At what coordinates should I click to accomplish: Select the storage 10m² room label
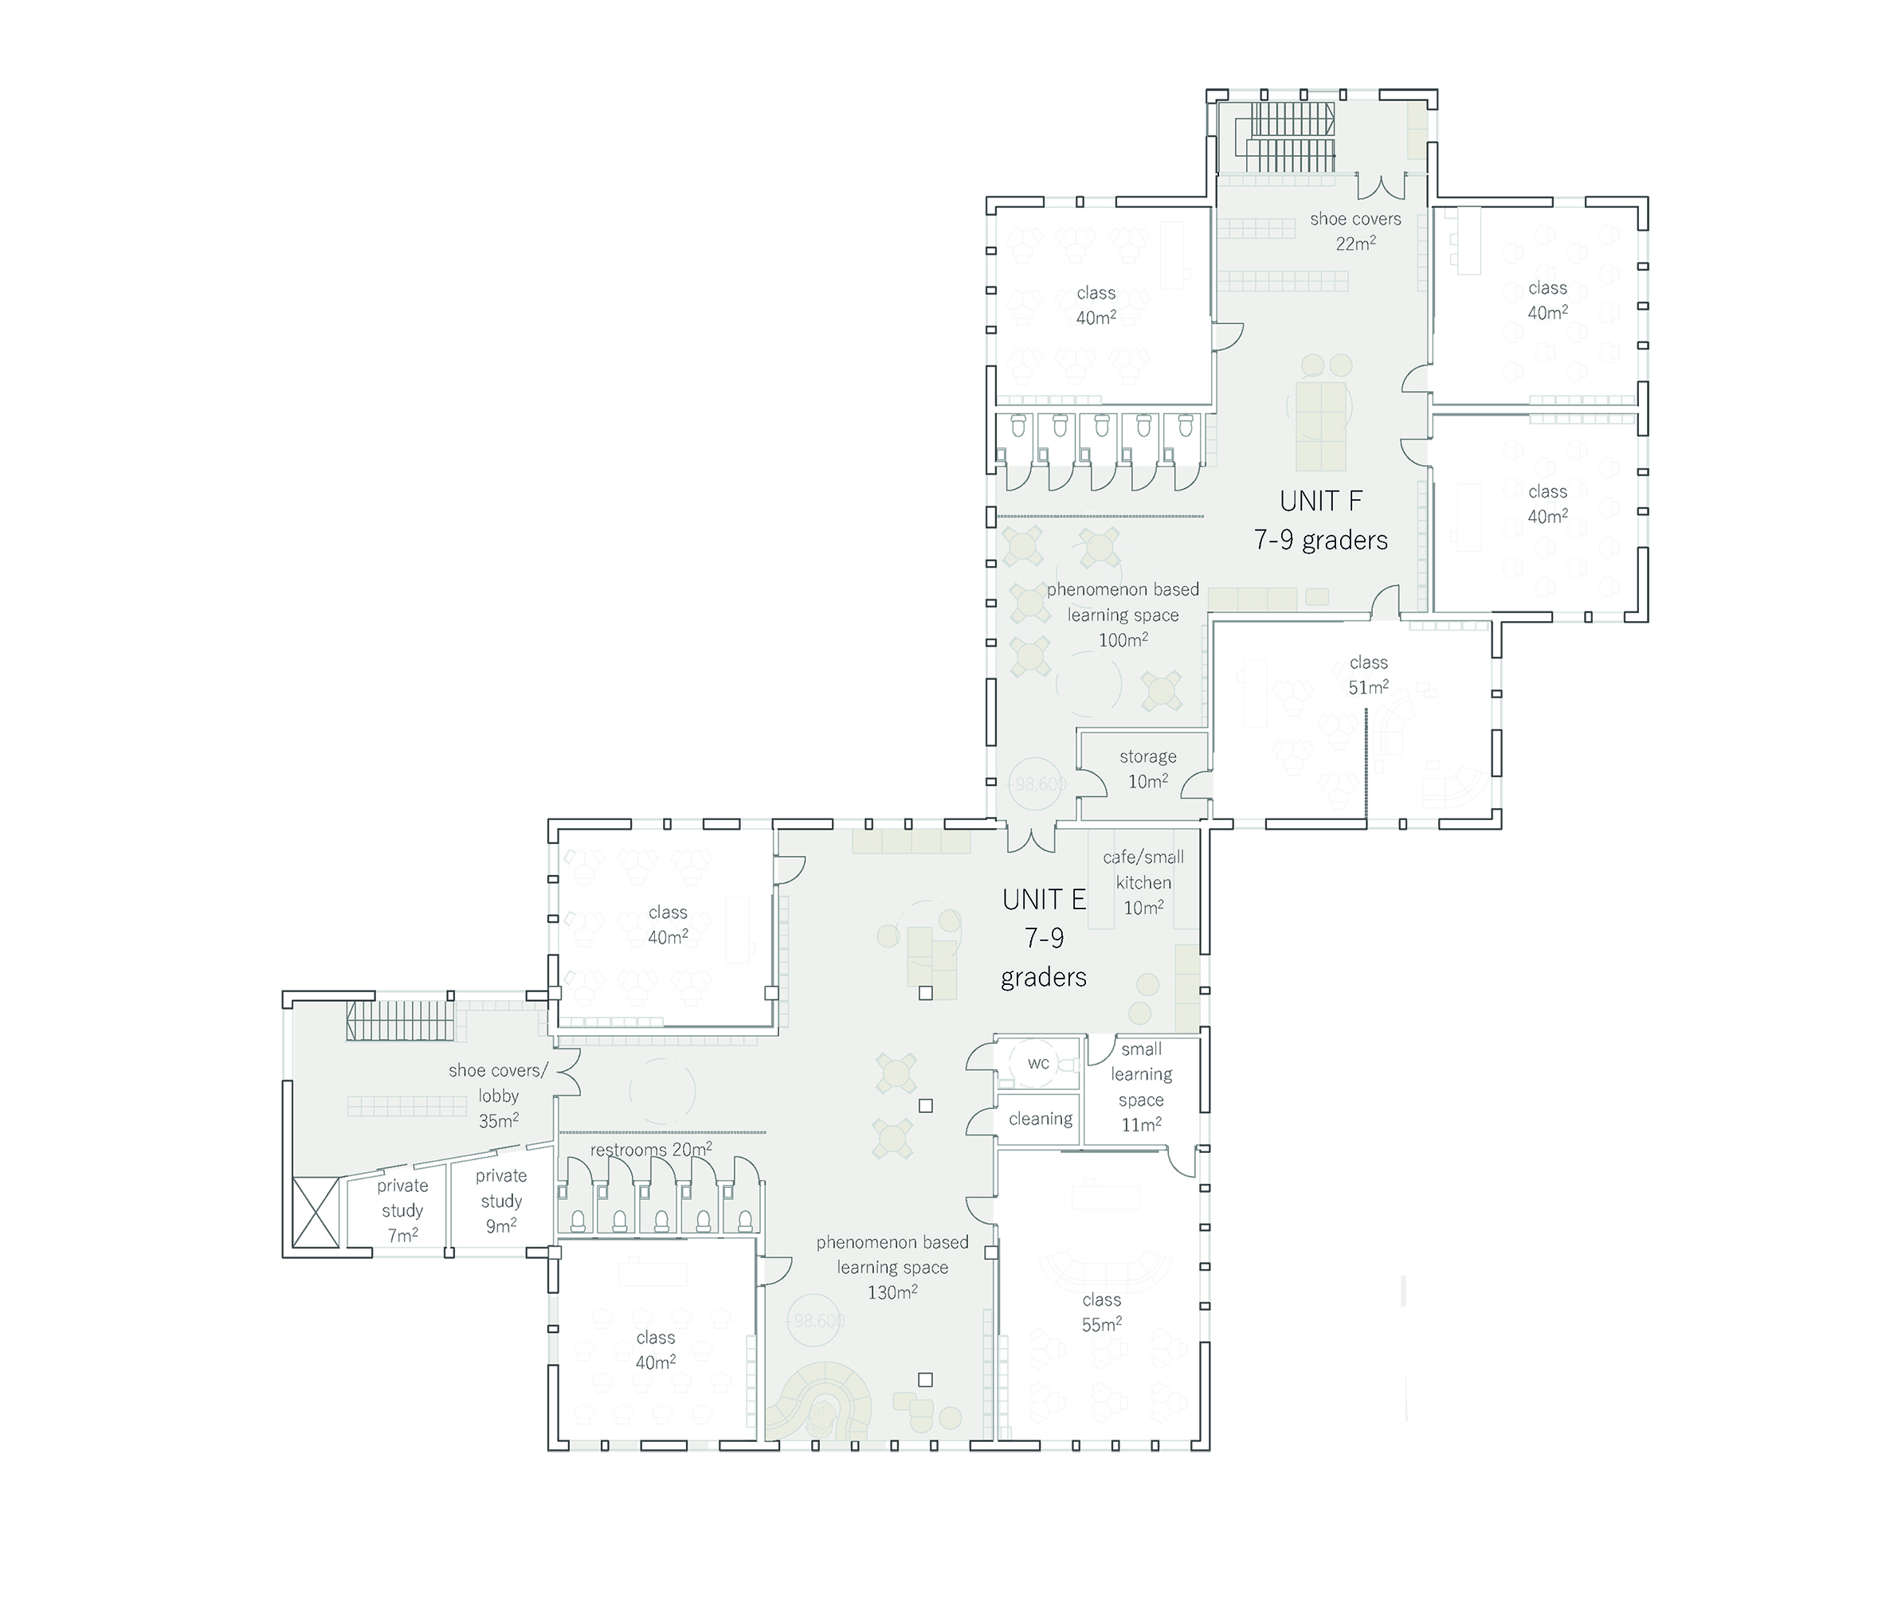click(1148, 769)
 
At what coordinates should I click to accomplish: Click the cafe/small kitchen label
click(1143, 881)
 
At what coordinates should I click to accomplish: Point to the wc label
click(1038, 1063)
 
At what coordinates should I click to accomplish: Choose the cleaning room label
click(1041, 1120)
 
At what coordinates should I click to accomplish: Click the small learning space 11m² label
click(1142, 1087)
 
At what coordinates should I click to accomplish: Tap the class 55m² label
click(1102, 1312)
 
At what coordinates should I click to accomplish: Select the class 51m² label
click(1369, 674)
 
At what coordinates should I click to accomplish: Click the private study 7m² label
click(402, 1210)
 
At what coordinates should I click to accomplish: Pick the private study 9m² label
click(501, 1200)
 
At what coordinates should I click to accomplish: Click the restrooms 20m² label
click(651, 1149)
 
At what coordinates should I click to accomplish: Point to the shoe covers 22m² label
click(1355, 231)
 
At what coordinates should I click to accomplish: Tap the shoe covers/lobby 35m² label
click(499, 1095)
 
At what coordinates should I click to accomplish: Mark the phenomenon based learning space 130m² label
click(892, 1267)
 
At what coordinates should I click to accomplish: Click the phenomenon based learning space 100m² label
click(1123, 615)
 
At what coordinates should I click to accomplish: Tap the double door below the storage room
click(1031, 839)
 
